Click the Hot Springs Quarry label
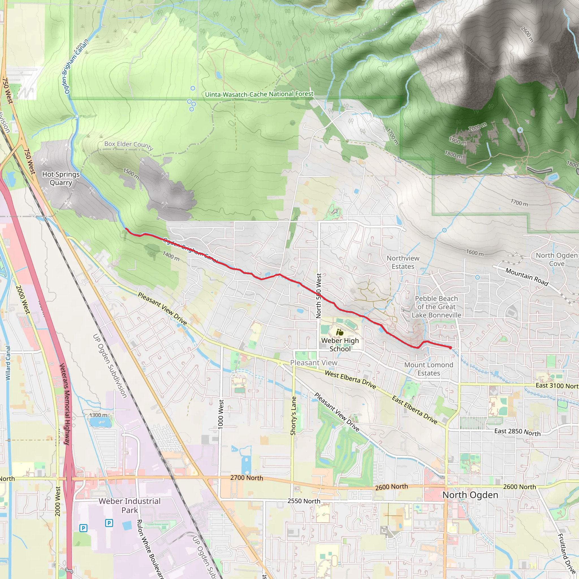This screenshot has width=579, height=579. point(61,178)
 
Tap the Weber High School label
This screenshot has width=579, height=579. point(340,345)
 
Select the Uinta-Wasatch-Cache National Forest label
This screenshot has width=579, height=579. point(259,94)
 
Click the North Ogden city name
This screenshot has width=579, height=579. point(470,495)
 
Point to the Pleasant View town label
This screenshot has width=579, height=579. point(314,363)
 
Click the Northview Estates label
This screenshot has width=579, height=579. point(403,262)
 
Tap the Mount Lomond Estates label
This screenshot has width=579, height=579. point(429,369)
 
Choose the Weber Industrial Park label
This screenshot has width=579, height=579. point(129,505)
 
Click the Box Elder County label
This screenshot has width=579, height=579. point(129,145)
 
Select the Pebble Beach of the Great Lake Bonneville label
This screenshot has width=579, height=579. point(436,306)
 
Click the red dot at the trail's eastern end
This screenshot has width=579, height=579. point(450,348)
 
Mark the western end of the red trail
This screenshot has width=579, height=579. point(126,229)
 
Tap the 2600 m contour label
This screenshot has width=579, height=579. point(527,34)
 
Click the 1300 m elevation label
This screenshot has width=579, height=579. point(98,415)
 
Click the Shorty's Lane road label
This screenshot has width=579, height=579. point(293,416)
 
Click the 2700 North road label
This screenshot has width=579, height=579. point(247,478)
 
